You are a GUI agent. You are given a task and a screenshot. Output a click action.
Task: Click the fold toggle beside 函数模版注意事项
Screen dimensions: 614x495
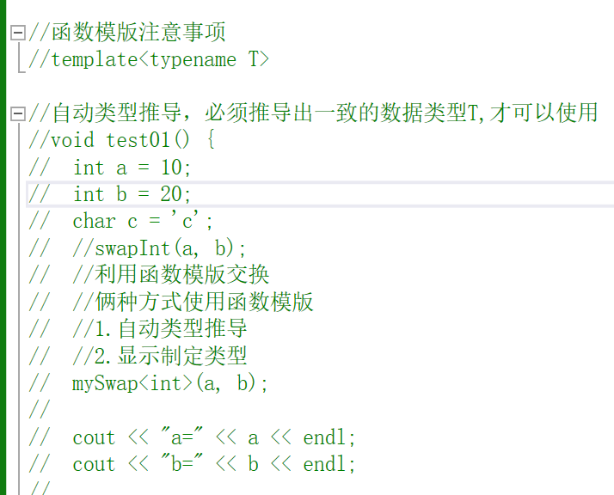18,34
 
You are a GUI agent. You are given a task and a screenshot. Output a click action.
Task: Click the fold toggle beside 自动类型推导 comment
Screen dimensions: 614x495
18,113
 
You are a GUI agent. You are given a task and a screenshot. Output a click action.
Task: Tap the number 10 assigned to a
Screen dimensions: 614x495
171,167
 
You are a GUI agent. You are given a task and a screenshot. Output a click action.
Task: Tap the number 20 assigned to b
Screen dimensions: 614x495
171,193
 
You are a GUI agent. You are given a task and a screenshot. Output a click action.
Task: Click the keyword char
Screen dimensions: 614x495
94,221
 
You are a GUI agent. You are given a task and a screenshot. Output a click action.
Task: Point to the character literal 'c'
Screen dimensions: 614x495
194,221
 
